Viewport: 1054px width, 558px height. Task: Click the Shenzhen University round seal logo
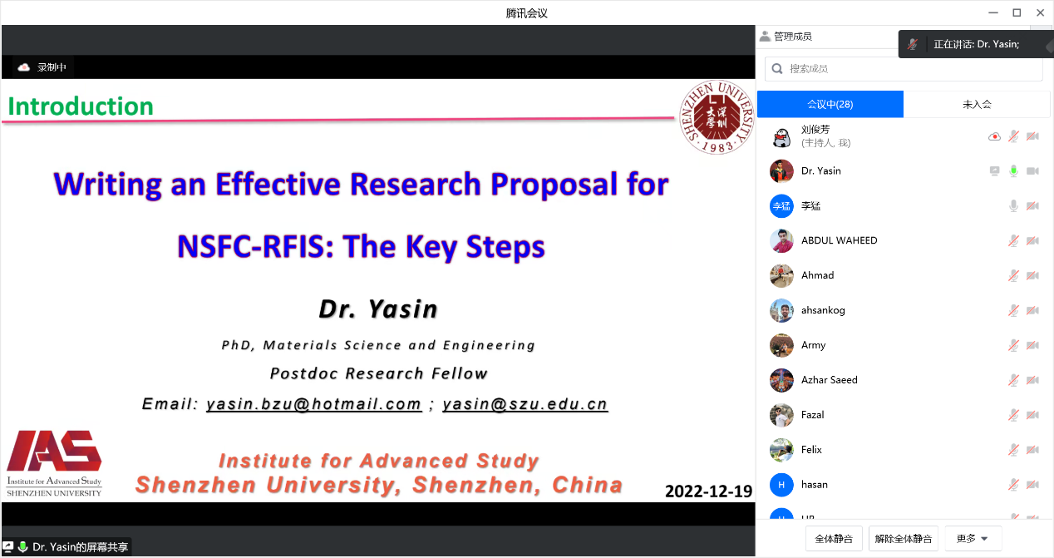(x=717, y=117)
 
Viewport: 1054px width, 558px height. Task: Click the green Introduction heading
(x=81, y=106)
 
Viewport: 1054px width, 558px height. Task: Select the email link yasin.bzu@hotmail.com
(x=314, y=404)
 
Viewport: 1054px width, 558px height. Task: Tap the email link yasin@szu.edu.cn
(x=525, y=404)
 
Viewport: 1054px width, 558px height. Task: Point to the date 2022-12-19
(x=709, y=491)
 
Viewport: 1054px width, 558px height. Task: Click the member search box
(x=904, y=69)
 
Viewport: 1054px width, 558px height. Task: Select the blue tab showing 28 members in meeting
(x=830, y=104)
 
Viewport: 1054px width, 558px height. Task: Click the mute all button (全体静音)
(x=834, y=539)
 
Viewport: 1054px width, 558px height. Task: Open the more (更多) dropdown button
(x=973, y=539)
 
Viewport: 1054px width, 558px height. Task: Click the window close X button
(x=1041, y=13)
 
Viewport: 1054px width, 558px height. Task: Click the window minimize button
(x=993, y=13)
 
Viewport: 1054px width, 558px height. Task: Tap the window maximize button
(x=1017, y=13)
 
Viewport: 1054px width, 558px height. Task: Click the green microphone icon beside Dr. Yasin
(x=1013, y=171)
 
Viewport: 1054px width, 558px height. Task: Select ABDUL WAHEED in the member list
(x=839, y=240)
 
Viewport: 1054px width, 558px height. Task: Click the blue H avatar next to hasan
(x=781, y=485)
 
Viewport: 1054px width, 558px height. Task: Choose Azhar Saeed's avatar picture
(x=781, y=380)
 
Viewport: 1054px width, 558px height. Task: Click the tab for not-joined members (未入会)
(x=977, y=104)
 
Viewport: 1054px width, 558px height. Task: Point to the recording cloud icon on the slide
(x=23, y=67)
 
